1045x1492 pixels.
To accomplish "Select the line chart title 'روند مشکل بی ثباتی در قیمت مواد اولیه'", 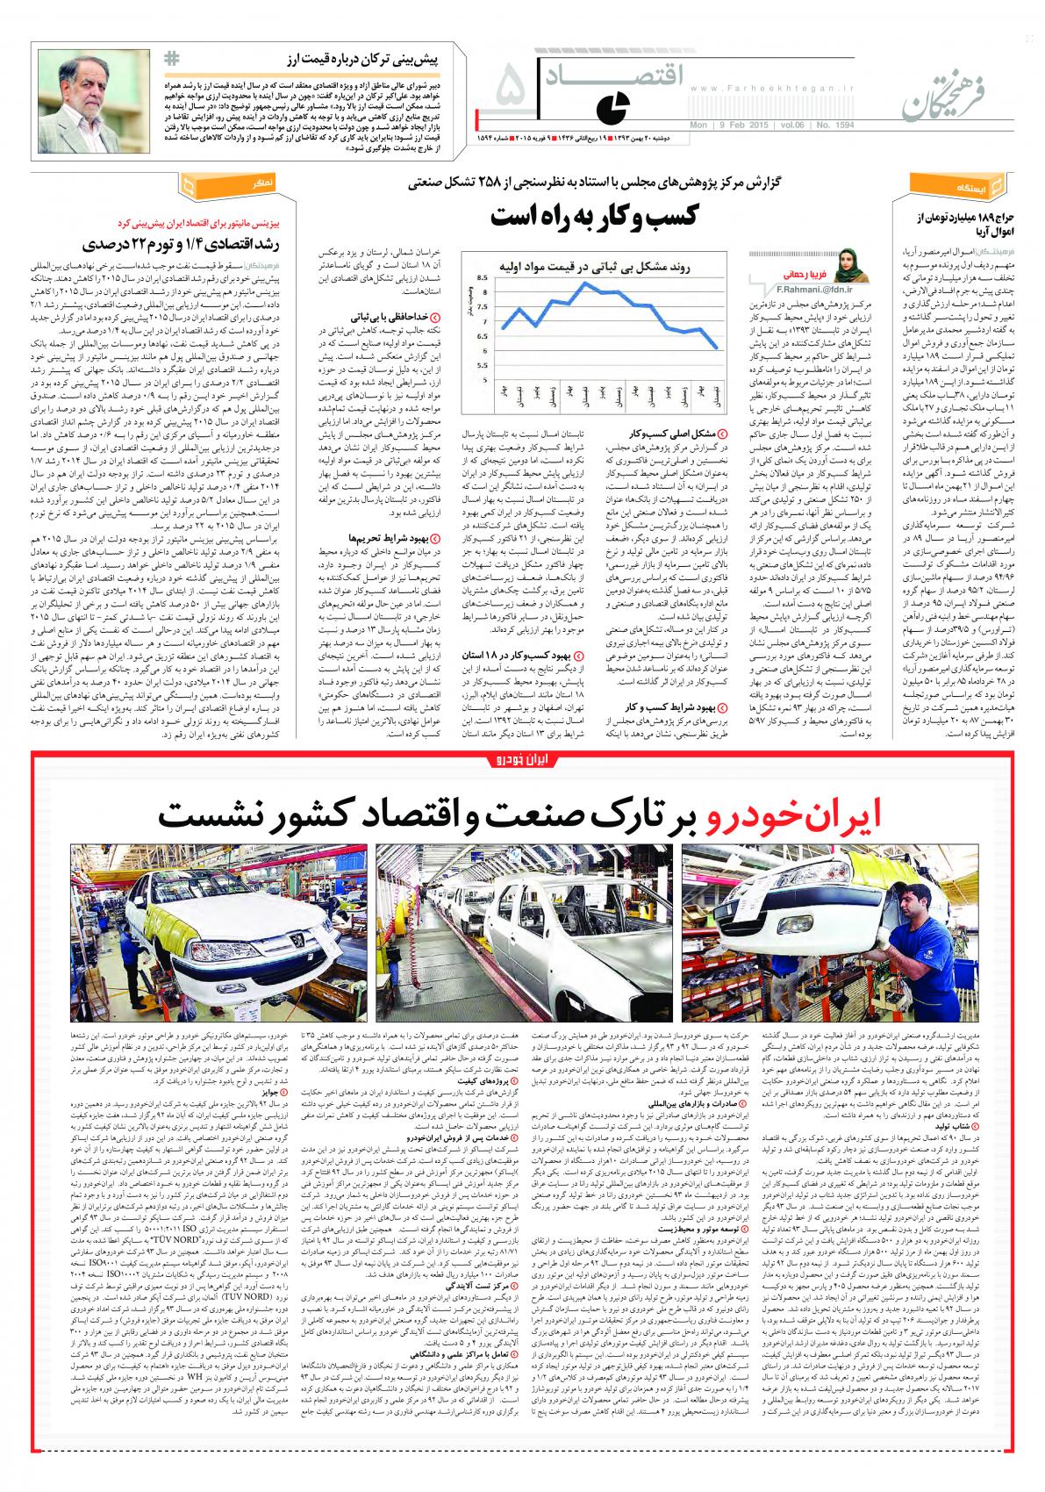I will [597, 264].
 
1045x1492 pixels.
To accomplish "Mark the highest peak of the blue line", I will [582, 283].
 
